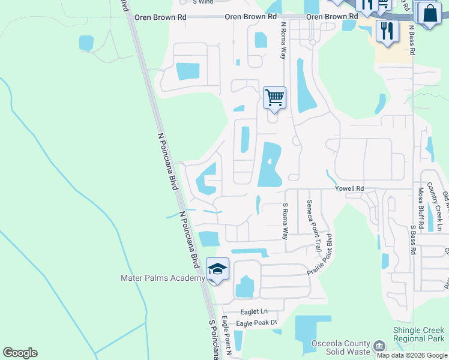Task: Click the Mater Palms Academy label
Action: click(163, 278)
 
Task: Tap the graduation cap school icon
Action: click(218, 268)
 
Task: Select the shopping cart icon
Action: click(274, 97)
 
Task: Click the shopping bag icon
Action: click(430, 14)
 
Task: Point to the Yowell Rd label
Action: click(351, 188)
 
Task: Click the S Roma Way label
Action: click(286, 221)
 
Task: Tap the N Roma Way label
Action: click(283, 41)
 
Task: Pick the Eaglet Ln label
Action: click(253, 311)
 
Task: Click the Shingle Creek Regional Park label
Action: click(418, 334)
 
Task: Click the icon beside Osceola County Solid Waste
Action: click(379, 346)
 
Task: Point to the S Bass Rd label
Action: click(413, 239)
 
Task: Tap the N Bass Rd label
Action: click(412, 40)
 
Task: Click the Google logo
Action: click(20, 353)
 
